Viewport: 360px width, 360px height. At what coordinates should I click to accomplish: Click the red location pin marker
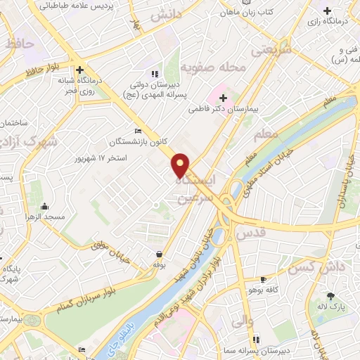pyautogui.click(x=181, y=165)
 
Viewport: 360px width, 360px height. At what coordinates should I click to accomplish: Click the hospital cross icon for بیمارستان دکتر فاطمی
pyautogui.click(x=223, y=96)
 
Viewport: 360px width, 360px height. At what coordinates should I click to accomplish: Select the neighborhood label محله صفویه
pyautogui.click(x=213, y=68)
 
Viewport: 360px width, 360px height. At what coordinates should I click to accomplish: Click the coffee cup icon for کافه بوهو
pyautogui.click(x=264, y=278)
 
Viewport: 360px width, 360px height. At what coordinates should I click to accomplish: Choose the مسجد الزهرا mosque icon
pyautogui.click(x=45, y=206)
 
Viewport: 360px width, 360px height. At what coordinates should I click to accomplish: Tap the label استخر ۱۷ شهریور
pyautogui.click(x=101, y=157)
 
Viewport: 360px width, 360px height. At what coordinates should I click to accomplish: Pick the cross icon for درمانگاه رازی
pyautogui.click(x=327, y=11)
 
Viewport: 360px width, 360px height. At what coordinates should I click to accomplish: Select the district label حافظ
pyautogui.click(x=19, y=44)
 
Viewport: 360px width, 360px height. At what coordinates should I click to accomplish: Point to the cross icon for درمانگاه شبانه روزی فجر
pyautogui.click(x=80, y=70)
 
